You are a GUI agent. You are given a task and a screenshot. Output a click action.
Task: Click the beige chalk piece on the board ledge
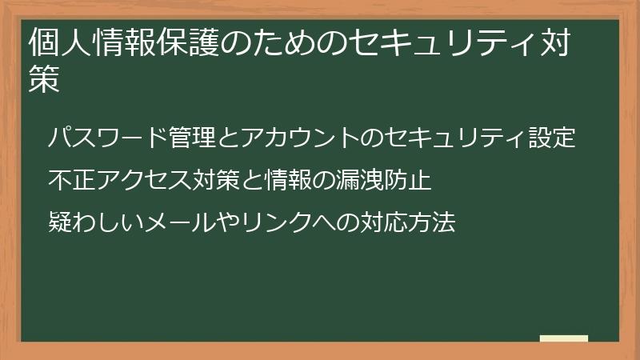(564, 338)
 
